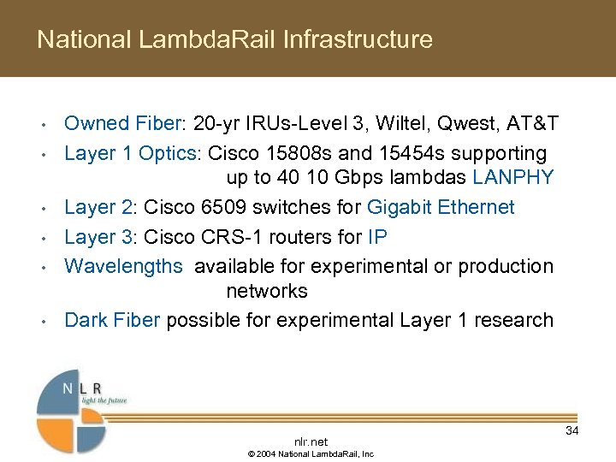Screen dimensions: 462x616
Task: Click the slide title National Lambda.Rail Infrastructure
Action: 234,39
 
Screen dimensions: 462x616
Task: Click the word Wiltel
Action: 391,124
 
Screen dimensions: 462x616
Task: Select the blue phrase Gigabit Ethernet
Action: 441,207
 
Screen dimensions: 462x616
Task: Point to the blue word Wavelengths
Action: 123,266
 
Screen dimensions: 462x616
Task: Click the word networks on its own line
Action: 266,291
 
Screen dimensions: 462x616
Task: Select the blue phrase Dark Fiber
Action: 112,320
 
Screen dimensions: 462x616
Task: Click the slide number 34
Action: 572,430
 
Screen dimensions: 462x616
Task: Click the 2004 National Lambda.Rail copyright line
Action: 311,453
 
